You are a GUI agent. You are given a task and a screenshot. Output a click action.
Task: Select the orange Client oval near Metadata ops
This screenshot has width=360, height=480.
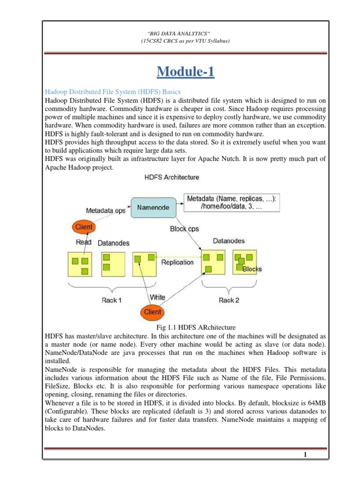point(84,227)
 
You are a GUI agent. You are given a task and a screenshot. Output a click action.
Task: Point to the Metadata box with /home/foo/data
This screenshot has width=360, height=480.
point(232,203)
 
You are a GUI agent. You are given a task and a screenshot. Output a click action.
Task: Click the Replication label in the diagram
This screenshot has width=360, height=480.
point(177,262)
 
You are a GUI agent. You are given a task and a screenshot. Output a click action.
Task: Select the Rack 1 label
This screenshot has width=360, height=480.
point(112,300)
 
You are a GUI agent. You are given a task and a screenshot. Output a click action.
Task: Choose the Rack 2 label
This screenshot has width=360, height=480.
point(229,300)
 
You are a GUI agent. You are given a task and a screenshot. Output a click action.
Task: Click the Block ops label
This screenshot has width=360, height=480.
point(184,229)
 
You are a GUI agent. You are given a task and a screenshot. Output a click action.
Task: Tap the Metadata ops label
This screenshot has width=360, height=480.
point(105,211)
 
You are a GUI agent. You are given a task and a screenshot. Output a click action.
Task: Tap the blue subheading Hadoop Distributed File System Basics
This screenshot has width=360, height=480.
point(112,91)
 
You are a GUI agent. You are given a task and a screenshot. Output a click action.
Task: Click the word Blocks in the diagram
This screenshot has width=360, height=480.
point(252,269)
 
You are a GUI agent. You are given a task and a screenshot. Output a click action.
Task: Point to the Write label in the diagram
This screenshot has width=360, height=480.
point(157,297)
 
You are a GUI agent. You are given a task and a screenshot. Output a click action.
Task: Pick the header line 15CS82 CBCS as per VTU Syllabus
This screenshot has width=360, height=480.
point(185,41)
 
